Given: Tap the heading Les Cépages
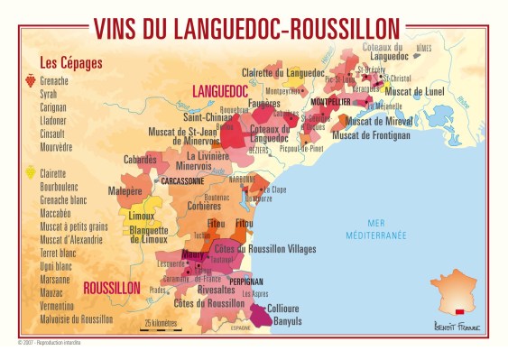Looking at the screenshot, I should [x=70, y=63].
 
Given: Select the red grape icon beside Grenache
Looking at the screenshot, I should [x=30, y=81].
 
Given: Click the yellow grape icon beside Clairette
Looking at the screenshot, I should [x=30, y=172].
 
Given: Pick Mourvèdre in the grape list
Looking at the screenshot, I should [x=60, y=147].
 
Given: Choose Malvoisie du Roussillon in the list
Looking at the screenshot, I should [x=76, y=318].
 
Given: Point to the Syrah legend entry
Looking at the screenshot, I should [x=51, y=94].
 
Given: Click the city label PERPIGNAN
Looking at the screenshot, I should [x=246, y=282].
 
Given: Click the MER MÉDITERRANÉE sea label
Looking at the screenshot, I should [x=382, y=229].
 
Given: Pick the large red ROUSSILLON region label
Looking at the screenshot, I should [x=111, y=289].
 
